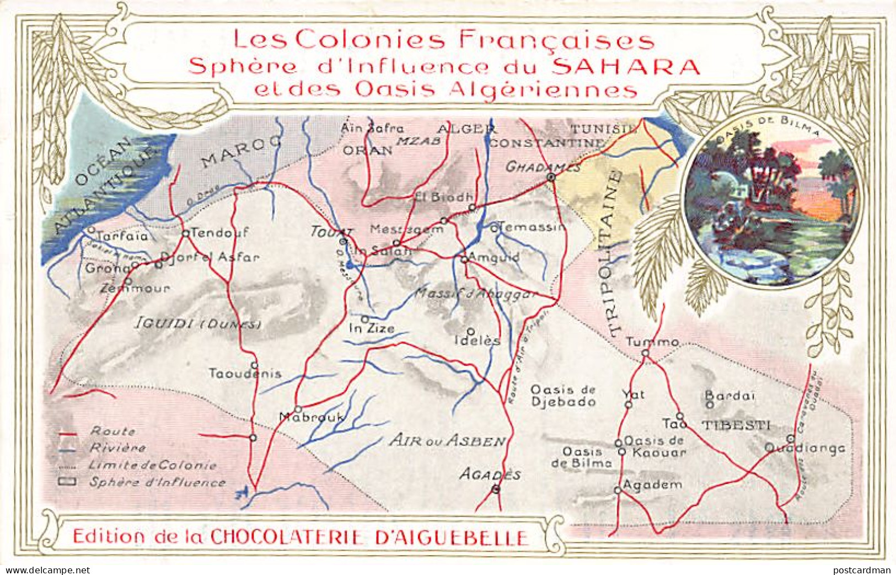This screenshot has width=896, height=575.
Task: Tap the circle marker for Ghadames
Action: click(x=550, y=177)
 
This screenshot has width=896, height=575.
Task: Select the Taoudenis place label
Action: click(x=245, y=374)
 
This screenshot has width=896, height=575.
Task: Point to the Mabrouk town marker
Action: click(x=298, y=409)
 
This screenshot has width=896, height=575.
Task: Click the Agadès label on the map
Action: click(x=491, y=474)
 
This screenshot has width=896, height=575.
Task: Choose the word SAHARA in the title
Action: click(x=626, y=66)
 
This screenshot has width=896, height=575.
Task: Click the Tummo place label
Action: click(x=652, y=342)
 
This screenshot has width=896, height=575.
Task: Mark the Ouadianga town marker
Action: click(x=790, y=438)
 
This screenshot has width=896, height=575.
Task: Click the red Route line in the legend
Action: click(x=68, y=434)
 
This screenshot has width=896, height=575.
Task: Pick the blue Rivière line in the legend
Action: click(x=68, y=450)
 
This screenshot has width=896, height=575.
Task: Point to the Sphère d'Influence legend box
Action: click(x=68, y=482)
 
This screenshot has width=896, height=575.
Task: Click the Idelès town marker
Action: click(x=470, y=331)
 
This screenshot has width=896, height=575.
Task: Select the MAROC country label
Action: click(x=242, y=151)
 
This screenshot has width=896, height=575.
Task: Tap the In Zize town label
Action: click(x=372, y=329)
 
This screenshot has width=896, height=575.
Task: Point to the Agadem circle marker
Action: click(x=618, y=489)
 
